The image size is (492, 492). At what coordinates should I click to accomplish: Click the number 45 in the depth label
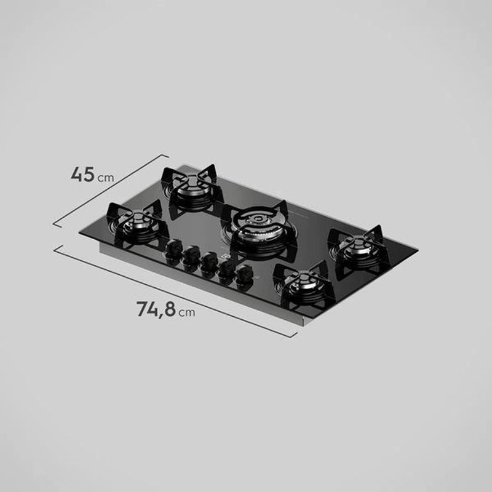[82, 175]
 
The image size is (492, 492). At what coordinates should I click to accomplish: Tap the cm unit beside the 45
[106, 178]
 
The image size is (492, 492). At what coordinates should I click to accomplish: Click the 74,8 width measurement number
[156, 309]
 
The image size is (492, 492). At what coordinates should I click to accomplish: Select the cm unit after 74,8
[187, 312]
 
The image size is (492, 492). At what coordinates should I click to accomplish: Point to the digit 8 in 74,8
[170, 309]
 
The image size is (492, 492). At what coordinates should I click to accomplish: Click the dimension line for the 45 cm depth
[111, 190]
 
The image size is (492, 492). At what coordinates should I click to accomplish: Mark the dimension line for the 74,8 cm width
[175, 291]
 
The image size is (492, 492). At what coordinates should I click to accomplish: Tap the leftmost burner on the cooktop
[138, 221]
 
